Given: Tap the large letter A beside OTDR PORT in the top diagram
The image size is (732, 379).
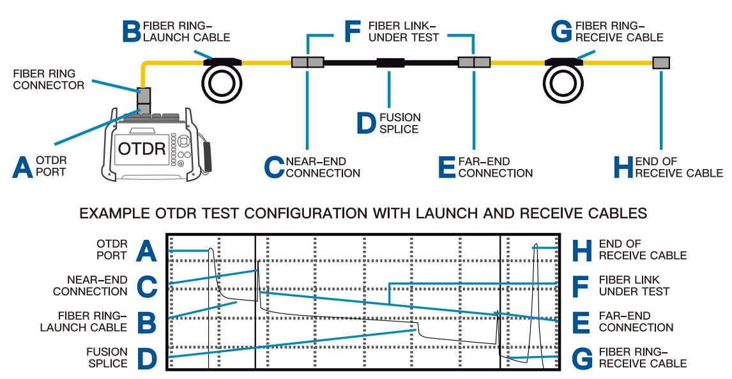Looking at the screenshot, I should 23,167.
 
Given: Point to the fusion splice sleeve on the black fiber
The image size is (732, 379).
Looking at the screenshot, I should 391,63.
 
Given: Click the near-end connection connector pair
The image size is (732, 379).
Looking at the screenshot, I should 308,63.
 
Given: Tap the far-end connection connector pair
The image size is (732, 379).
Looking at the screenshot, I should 475,63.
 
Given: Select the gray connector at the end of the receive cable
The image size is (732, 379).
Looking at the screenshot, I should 661,63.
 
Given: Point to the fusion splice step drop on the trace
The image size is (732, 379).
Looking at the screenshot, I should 418,328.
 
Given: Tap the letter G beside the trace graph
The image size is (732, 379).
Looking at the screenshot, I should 581,359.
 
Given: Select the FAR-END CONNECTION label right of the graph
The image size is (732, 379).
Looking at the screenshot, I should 636,322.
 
